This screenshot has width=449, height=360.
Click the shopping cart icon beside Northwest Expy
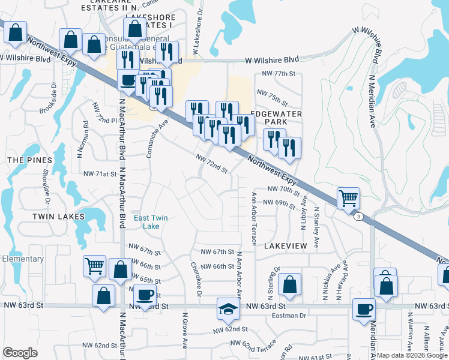coord(348,197)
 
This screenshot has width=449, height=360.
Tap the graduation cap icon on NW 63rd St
coord(228,309)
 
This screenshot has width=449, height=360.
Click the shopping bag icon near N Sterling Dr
coord(289,286)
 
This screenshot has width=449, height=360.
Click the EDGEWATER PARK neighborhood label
coord(260,117)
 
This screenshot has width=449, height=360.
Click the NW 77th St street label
coord(276,74)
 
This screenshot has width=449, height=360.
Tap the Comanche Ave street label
coord(155,138)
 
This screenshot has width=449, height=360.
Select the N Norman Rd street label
coord(86,140)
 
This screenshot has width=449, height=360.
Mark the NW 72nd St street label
coord(212,163)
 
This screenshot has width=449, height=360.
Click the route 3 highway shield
coord(358,217)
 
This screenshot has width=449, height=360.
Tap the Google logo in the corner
coord(20,353)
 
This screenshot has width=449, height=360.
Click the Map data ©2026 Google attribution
coord(412,355)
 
